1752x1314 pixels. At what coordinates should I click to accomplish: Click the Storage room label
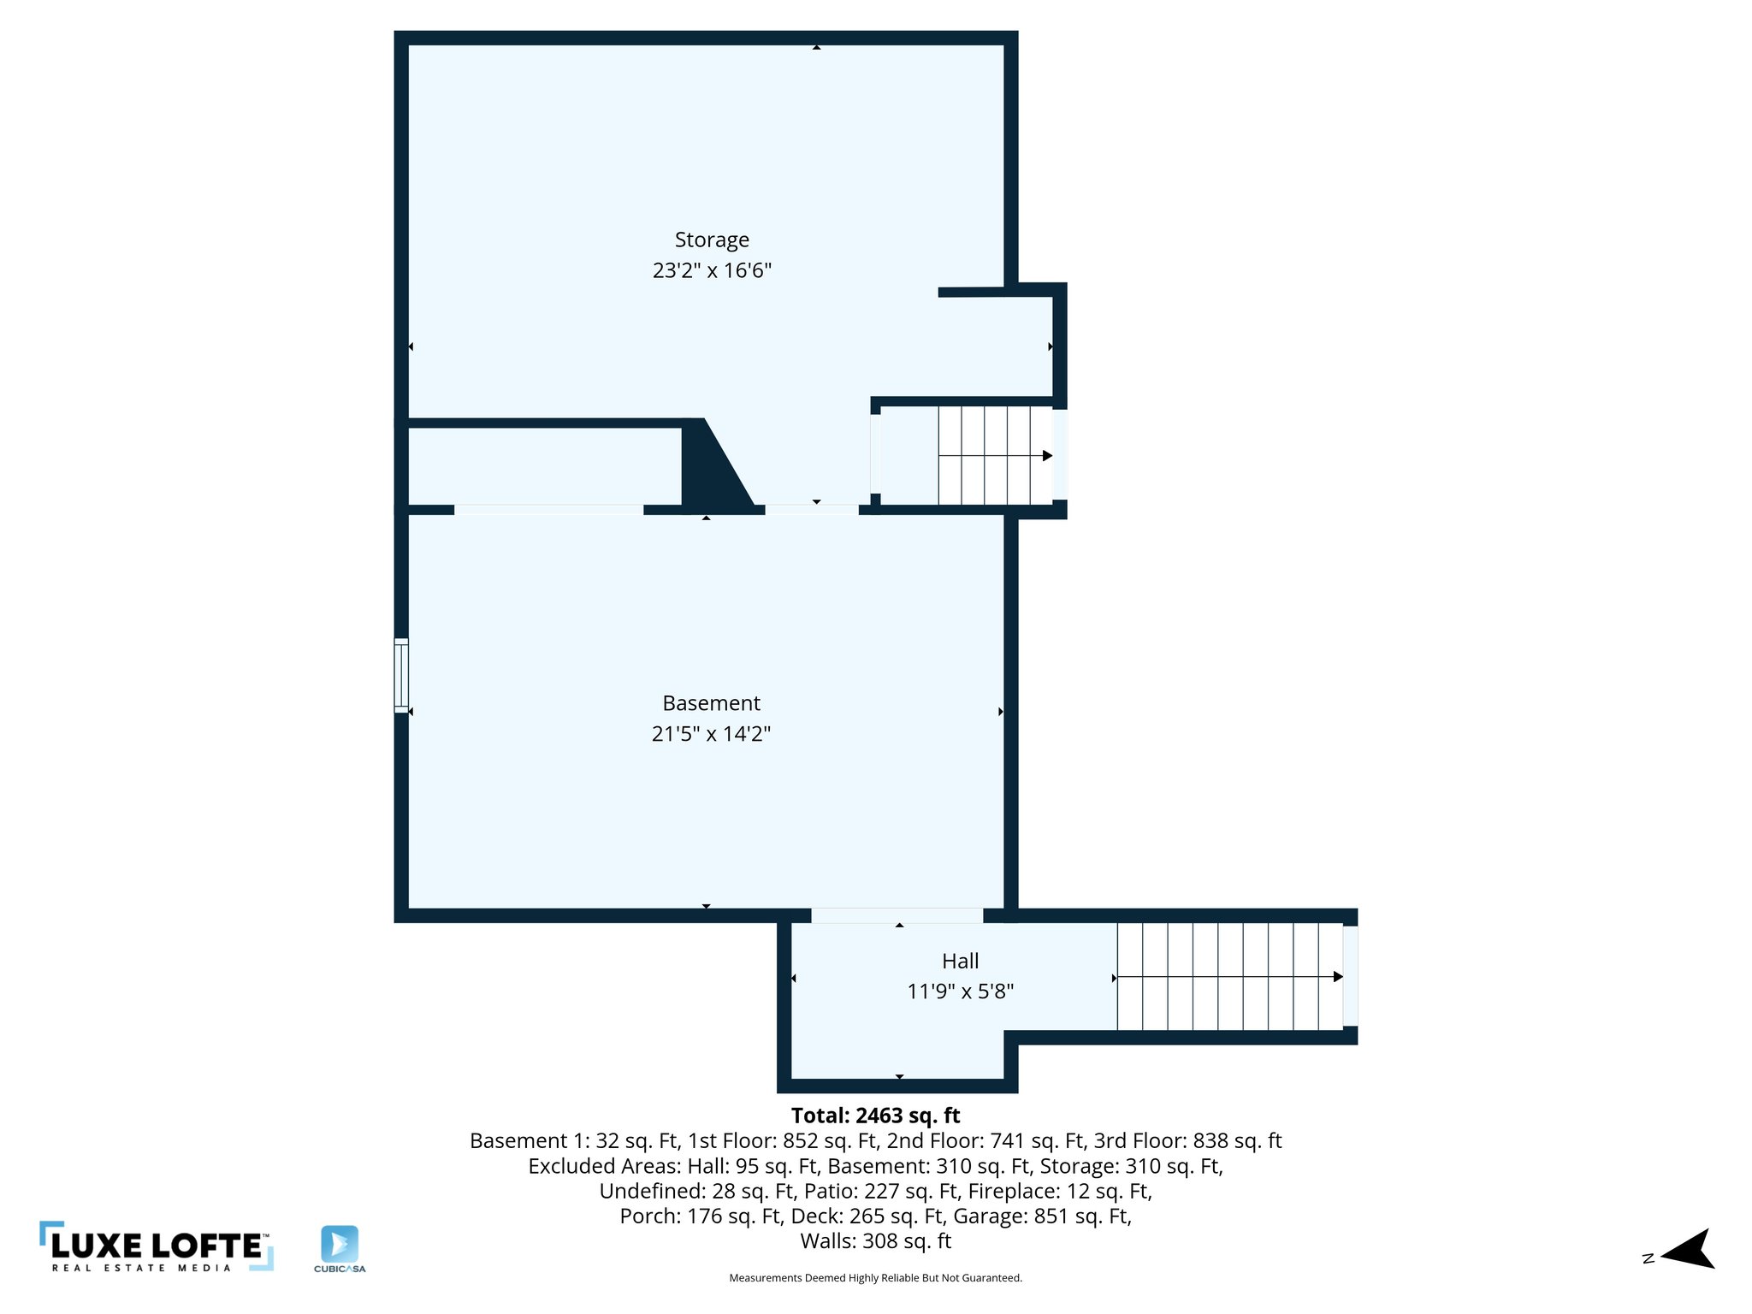pos(712,240)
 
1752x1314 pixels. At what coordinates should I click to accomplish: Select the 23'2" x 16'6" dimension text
pos(712,270)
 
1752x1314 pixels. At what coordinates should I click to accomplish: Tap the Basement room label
pos(711,703)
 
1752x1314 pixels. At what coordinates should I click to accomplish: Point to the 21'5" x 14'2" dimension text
pos(711,734)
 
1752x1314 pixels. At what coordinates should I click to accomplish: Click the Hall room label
pos(960,961)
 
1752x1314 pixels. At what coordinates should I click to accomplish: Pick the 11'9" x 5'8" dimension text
pos(960,991)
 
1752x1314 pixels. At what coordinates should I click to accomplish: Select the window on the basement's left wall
pos(401,675)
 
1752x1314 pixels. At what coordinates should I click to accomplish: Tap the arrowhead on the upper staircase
pos(1047,456)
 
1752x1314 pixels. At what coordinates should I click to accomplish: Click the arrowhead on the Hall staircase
pos(1338,977)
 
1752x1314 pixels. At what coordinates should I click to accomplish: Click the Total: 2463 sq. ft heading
pos(875,1116)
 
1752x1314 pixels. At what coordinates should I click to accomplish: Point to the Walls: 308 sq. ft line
pos(875,1240)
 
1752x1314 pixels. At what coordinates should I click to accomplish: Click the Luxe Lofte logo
pos(157,1246)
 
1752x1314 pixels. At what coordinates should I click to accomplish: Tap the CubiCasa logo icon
pos(340,1244)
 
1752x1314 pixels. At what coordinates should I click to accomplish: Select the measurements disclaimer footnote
pos(875,1278)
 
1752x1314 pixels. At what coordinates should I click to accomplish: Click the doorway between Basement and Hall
pos(897,915)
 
